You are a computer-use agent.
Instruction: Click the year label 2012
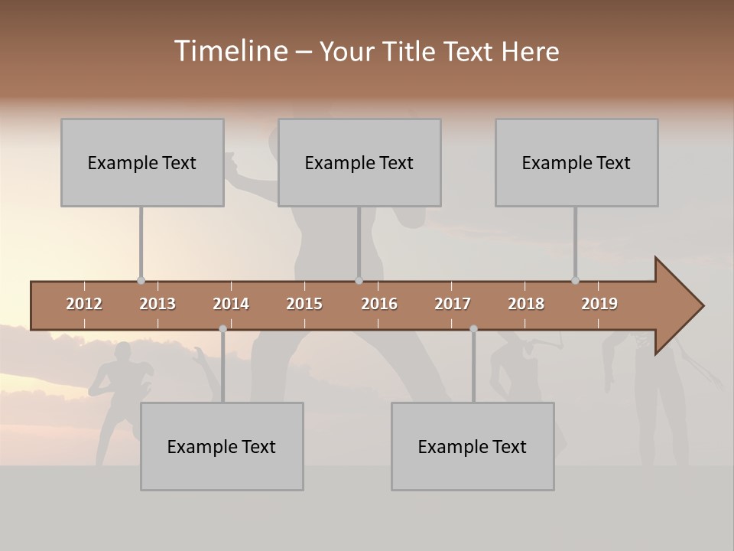(x=84, y=304)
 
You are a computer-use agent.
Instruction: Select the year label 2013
(x=158, y=304)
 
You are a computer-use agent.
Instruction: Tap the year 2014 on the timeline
(x=231, y=304)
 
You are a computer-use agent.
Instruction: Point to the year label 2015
(x=304, y=304)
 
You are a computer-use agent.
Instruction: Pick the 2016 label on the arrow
(x=379, y=304)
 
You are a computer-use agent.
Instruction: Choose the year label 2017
(x=453, y=304)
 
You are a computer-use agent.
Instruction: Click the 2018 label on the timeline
(x=526, y=304)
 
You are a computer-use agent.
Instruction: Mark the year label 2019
(x=599, y=304)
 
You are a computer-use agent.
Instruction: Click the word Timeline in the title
(x=230, y=51)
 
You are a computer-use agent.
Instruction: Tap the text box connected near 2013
(x=142, y=162)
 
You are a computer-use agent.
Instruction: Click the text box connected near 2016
(x=359, y=162)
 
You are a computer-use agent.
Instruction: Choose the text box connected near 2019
(x=576, y=162)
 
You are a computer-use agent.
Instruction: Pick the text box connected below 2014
(x=222, y=446)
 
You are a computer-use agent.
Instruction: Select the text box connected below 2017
(x=473, y=446)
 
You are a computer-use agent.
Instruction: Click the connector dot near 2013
(x=141, y=280)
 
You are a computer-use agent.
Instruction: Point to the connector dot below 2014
(x=222, y=328)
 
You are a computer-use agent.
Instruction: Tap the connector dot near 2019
(x=575, y=280)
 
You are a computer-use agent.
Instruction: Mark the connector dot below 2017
(x=473, y=328)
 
